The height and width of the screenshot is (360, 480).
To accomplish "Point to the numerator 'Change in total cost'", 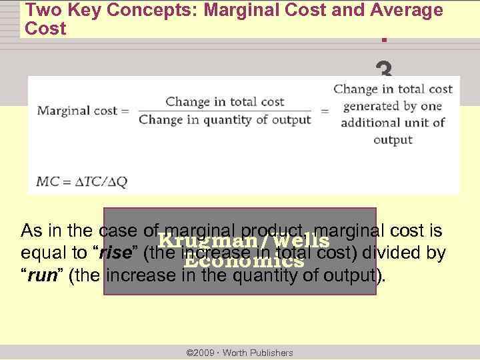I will (225, 102).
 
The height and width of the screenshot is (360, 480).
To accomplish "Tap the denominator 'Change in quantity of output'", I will (225, 120).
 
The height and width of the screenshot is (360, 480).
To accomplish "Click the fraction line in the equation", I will (225, 111).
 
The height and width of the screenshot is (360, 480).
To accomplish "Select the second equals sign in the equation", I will (325, 111).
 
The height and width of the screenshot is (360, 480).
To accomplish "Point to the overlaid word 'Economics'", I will (243, 261).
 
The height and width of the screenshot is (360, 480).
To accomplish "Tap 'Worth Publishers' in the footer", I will (261, 353).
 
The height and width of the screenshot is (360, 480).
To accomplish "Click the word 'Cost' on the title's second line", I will (45, 29).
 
